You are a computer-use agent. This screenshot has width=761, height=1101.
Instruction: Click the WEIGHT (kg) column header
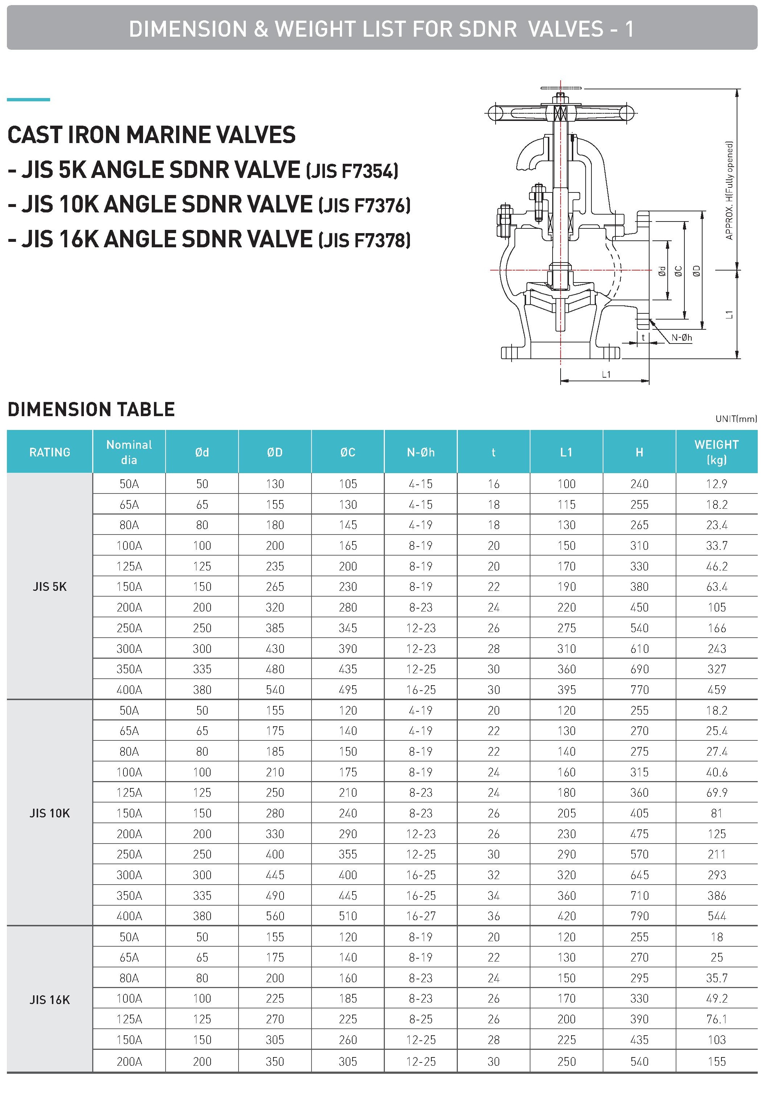click(x=716, y=452)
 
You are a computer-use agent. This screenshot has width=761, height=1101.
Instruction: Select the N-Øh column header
click(x=420, y=452)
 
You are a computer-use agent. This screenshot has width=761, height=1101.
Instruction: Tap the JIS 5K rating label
click(x=50, y=586)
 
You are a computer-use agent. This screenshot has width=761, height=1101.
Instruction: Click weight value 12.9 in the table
click(x=716, y=484)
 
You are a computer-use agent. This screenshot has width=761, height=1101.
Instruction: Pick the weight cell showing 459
click(x=716, y=690)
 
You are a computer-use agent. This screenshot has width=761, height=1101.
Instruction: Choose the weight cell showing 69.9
click(x=716, y=792)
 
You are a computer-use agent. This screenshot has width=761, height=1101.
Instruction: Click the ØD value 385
click(x=274, y=628)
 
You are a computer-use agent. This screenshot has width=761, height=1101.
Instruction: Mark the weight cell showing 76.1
click(x=716, y=1019)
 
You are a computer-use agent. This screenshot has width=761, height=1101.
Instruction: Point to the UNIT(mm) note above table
click(x=736, y=419)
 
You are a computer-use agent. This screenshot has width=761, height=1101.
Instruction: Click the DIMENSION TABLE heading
click(x=91, y=410)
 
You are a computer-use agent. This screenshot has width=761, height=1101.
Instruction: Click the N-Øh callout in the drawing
click(x=681, y=338)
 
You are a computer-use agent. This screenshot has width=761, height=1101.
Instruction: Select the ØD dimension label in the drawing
click(x=697, y=271)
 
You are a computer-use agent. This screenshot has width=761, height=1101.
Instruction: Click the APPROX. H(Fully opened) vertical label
click(x=729, y=190)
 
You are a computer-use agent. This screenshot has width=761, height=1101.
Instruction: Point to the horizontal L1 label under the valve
click(x=606, y=374)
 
